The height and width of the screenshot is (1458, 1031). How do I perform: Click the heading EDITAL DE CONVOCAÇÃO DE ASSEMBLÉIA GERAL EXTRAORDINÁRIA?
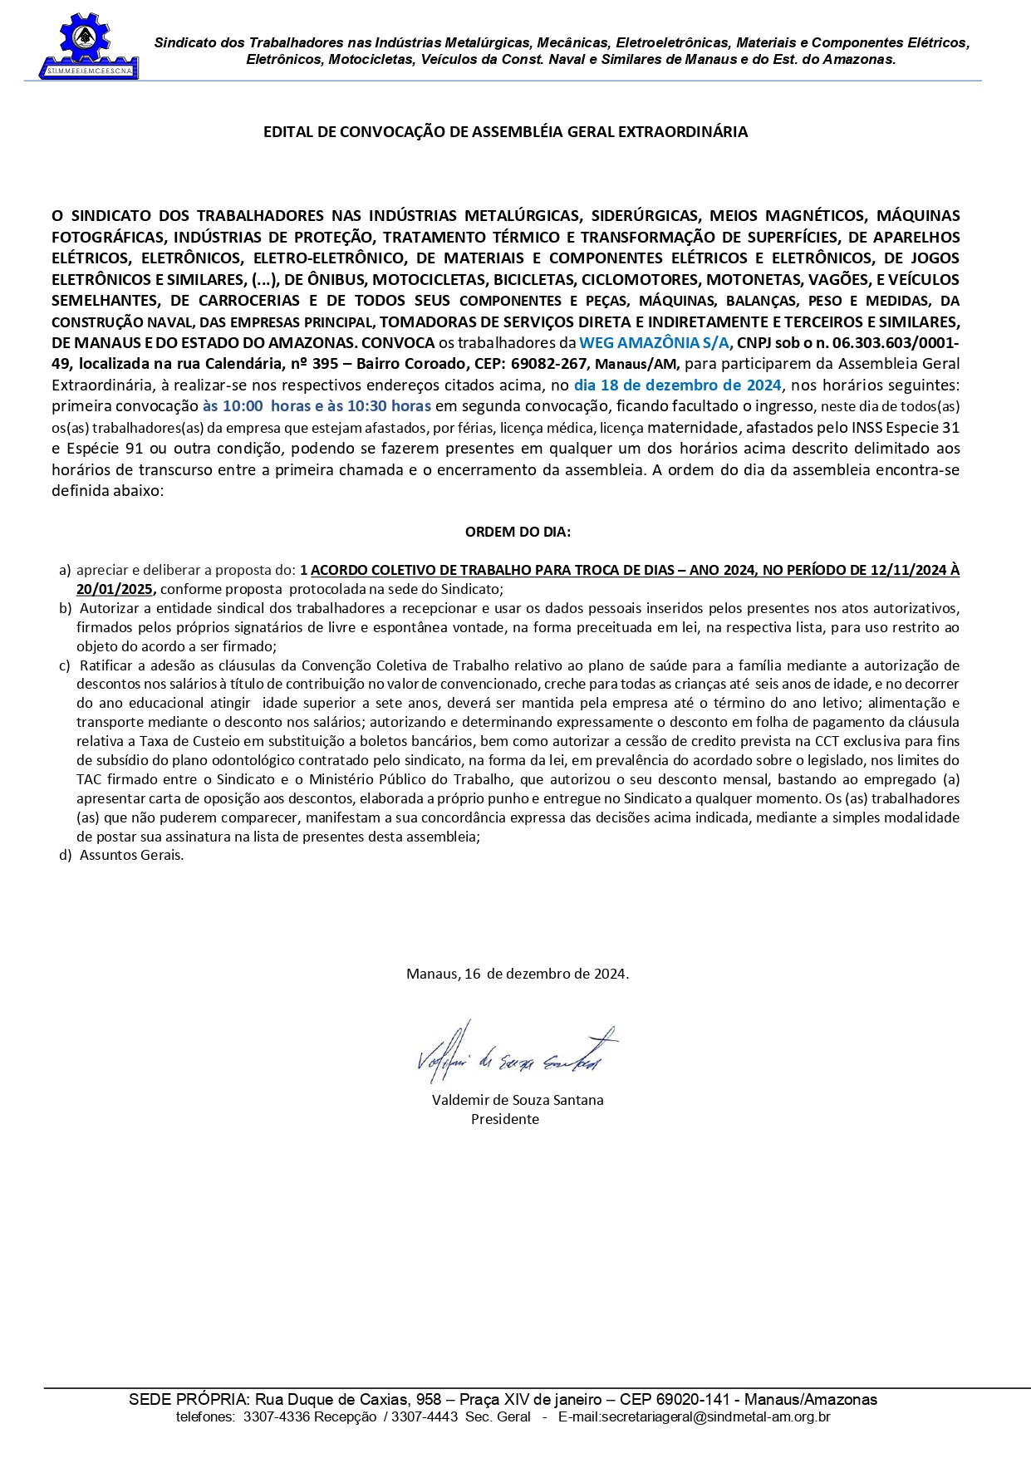[505, 132]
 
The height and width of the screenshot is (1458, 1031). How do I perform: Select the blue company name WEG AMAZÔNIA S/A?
[654, 343]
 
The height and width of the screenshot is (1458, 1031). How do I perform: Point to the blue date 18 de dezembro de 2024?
[677, 385]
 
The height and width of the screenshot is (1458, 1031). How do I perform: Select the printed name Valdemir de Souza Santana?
[518, 1100]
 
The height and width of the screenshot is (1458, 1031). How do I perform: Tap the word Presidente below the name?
[505, 1119]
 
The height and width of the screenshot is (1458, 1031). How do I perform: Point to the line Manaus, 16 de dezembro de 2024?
[518, 974]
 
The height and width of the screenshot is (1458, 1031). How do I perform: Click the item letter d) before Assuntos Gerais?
[65, 855]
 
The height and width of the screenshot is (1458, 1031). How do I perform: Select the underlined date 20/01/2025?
[115, 589]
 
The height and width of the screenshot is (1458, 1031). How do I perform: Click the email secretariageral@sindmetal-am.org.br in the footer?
[694, 1417]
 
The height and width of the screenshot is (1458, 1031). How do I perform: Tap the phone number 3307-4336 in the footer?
[266, 1417]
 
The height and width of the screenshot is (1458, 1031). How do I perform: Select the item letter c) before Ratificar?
[65, 665]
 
